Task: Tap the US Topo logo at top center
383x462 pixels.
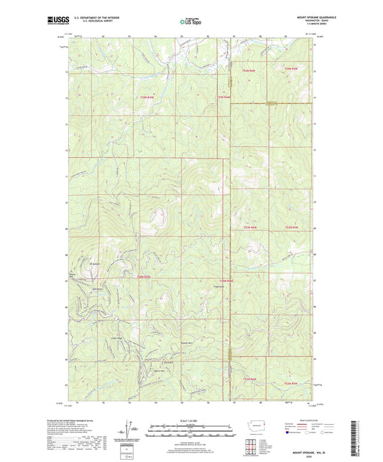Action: (190, 22)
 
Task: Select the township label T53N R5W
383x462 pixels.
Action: (291, 228)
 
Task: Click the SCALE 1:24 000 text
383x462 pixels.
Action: (191, 420)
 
